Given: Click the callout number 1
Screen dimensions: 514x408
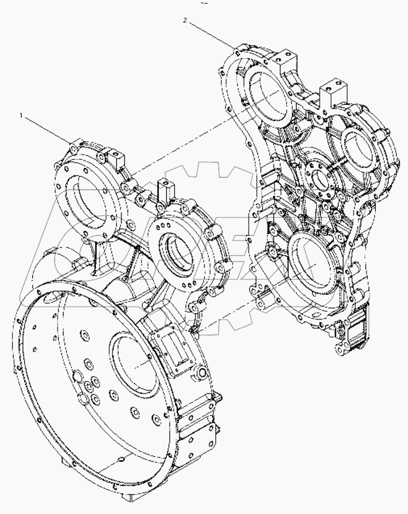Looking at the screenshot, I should tap(22, 115).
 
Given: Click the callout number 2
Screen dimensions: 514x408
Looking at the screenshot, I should tap(185, 20).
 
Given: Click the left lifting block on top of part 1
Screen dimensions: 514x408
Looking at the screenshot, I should tap(116, 159).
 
